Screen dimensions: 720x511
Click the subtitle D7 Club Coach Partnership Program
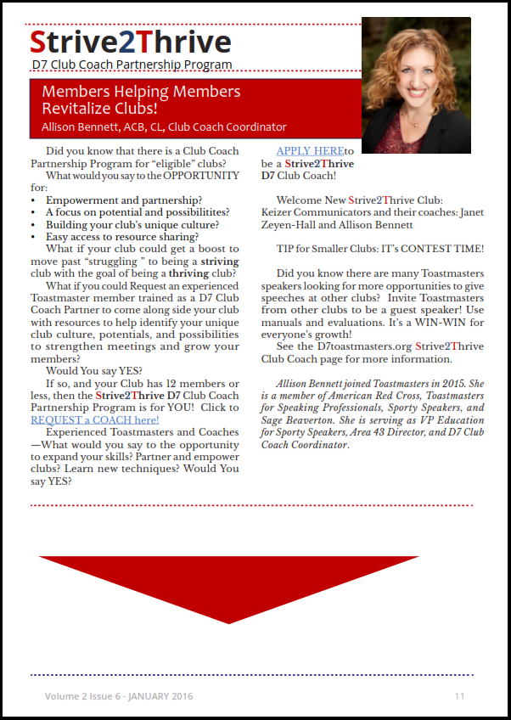(x=131, y=64)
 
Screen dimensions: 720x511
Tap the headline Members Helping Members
(x=141, y=91)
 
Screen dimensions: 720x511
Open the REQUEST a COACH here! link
(x=94, y=419)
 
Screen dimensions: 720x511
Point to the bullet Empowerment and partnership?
(x=123, y=200)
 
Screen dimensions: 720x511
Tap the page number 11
(x=459, y=696)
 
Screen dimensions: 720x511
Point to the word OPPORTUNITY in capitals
(x=195, y=176)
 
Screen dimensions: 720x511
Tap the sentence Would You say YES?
(x=93, y=371)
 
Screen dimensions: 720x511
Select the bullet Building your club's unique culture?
(x=132, y=225)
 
